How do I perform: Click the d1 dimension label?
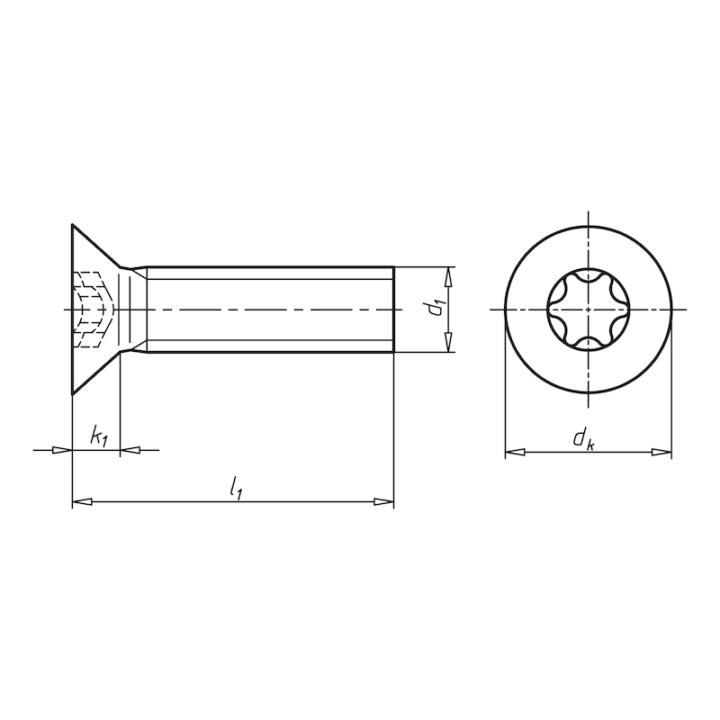click(x=436, y=309)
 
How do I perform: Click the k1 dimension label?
click(x=99, y=437)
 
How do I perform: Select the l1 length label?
click(x=236, y=489)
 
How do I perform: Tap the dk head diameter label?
click(x=584, y=439)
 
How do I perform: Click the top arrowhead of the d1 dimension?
click(x=448, y=274)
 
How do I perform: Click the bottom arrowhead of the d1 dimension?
click(x=448, y=345)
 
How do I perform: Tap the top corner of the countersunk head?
click(x=72, y=224)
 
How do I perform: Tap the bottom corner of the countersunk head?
click(x=72, y=393)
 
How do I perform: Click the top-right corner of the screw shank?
click(x=394, y=266)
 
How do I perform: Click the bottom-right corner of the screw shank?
click(x=394, y=351)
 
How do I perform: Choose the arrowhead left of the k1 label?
click(x=62, y=449)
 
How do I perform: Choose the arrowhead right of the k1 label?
click(x=129, y=449)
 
